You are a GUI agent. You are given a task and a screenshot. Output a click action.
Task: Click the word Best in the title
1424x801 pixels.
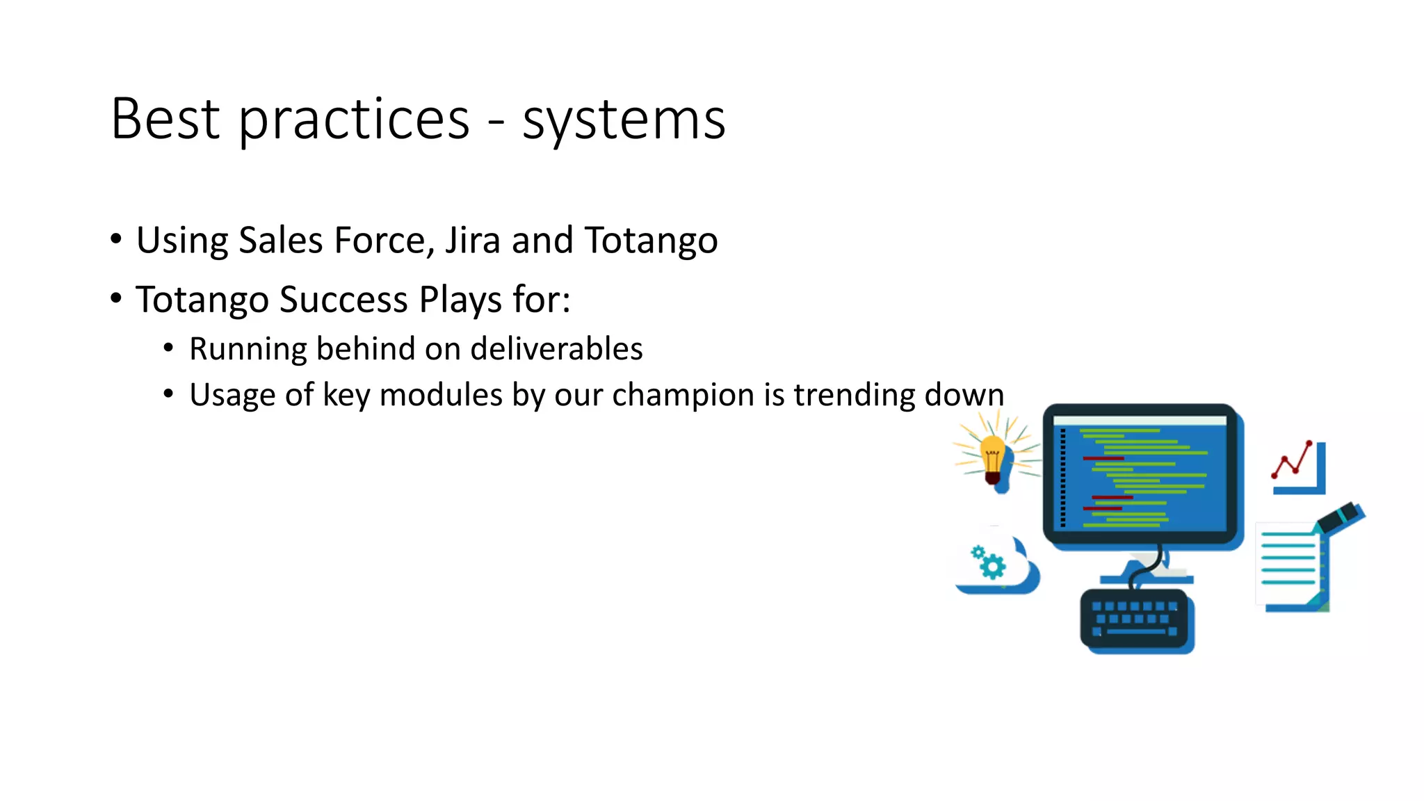(x=165, y=120)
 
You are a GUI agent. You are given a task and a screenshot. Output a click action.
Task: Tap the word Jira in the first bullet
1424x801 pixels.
(x=472, y=241)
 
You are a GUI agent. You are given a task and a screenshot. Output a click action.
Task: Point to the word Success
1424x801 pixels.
(x=343, y=300)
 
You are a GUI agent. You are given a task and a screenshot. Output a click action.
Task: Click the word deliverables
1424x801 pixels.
(x=556, y=349)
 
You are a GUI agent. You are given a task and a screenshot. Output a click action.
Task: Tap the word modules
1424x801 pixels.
(x=441, y=395)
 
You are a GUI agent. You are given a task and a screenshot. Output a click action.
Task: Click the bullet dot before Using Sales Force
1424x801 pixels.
(x=116, y=240)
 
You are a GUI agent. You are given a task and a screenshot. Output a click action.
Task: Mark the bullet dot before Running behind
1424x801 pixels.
(x=168, y=348)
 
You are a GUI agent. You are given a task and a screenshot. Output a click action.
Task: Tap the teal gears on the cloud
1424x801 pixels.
(x=989, y=562)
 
